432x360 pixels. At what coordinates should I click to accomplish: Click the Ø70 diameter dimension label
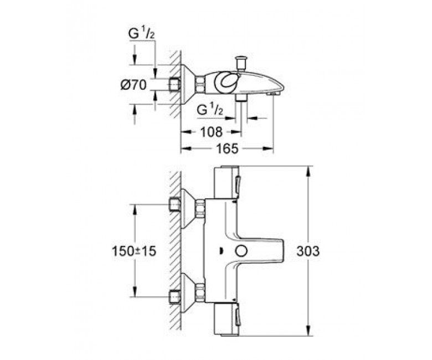pyautogui.click(x=133, y=85)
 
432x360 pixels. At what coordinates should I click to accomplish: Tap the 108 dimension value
pyautogui.click(x=212, y=132)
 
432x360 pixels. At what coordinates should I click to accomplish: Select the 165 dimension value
pyautogui.click(x=227, y=149)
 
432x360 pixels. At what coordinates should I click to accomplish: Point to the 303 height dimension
pyautogui.click(x=308, y=251)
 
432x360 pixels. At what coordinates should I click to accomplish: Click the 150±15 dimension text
pyautogui.click(x=134, y=251)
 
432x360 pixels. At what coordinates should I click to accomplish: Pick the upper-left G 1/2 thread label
pyautogui.click(x=141, y=34)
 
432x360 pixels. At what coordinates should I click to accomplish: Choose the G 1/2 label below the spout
pyautogui.click(x=210, y=110)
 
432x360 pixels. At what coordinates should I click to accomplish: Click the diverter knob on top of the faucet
pyautogui.click(x=240, y=64)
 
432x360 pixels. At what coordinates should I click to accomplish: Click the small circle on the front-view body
pyautogui.click(x=241, y=251)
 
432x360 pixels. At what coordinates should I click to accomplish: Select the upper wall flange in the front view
pyautogui.click(x=188, y=209)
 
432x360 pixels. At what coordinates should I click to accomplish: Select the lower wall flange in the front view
pyautogui.click(x=188, y=293)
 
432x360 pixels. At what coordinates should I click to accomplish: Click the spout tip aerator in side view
pyautogui.click(x=272, y=94)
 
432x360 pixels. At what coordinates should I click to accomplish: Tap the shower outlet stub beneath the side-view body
pyautogui.click(x=241, y=97)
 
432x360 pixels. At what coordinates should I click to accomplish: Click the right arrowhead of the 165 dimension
pyautogui.click(x=269, y=149)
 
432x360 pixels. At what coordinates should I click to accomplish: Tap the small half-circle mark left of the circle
pyautogui.click(x=221, y=251)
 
